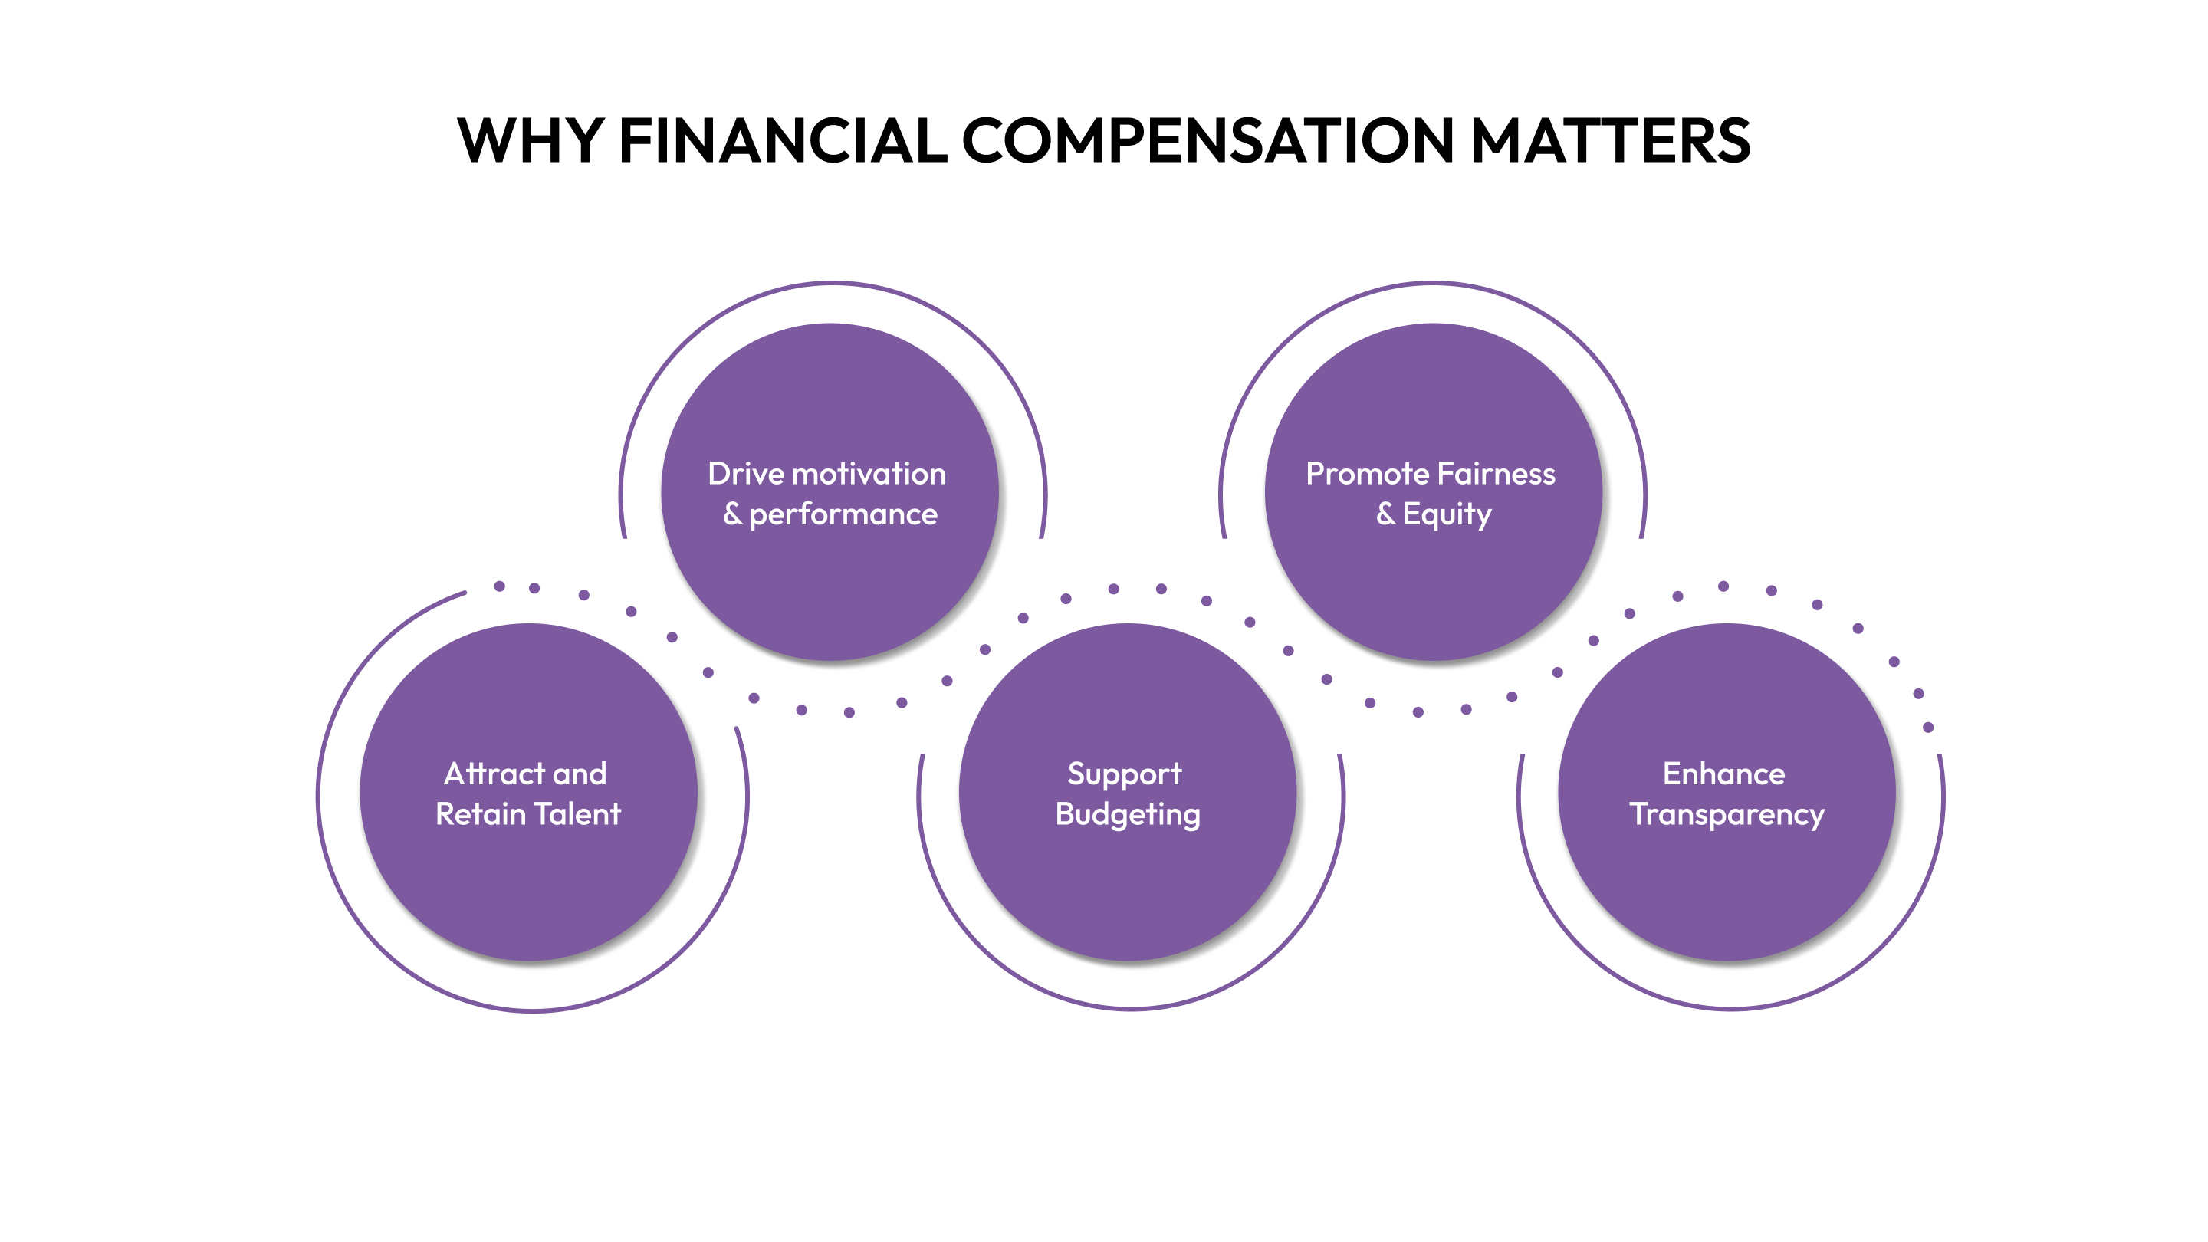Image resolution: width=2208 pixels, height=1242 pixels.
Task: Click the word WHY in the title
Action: click(x=531, y=140)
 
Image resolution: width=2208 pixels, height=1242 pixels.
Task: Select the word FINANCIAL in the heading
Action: click(x=783, y=140)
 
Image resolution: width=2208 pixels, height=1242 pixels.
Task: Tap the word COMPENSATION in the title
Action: click(x=1207, y=140)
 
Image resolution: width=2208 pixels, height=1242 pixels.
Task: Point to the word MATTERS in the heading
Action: click(x=1610, y=140)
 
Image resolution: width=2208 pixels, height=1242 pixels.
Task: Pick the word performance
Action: click(x=843, y=515)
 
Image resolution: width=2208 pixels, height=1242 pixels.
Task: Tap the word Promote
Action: click(x=1366, y=474)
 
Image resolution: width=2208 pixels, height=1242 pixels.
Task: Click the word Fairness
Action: click(x=1497, y=474)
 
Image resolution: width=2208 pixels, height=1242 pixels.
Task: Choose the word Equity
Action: click(x=1447, y=515)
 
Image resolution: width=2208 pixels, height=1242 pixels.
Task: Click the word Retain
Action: click(x=480, y=814)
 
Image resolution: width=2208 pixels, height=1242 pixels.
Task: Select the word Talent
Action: click(x=577, y=814)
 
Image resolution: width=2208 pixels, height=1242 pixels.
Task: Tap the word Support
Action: click(x=1125, y=775)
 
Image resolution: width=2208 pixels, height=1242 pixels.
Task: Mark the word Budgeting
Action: click(x=1128, y=815)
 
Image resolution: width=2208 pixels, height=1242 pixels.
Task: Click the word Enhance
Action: click(x=1723, y=774)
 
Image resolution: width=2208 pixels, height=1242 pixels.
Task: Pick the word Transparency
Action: click(x=1727, y=815)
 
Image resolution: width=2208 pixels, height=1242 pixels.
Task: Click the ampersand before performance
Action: click(x=732, y=514)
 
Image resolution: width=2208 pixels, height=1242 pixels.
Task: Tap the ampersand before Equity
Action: click(x=1385, y=514)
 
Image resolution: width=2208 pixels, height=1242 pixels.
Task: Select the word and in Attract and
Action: click(x=580, y=774)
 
